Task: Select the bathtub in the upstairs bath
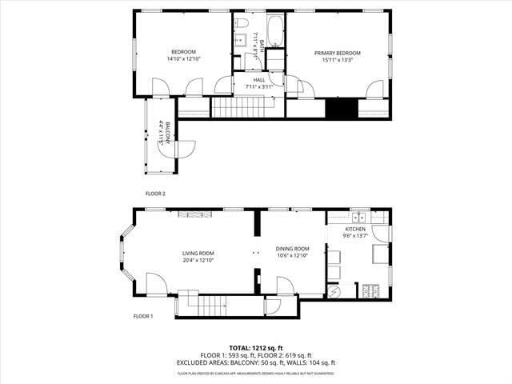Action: pyautogui.click(x=274, y=32)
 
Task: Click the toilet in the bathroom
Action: pyautogui.click(x=241, y=25)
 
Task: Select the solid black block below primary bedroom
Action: pyautogui.click(x=341, y=109)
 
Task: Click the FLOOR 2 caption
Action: pyautogui.click(x=155, y=194)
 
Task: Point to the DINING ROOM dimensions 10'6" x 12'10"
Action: pyautogui.click(x=292, y=256)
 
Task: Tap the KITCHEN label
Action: pyautogui.click(x=354, y=229)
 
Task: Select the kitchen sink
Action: pyautogui.click(x=358, y=217)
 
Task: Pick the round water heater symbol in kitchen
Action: pyautogui.click(x=335, y=291)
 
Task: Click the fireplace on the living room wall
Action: pyautogui.click(x=195, y=213)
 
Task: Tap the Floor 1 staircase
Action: pyautogui.click(x=213, y=306)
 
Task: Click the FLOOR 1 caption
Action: pyautogui.click(x=143, y=316)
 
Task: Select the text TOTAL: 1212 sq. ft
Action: pyautogui.click(x=256, y=348)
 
